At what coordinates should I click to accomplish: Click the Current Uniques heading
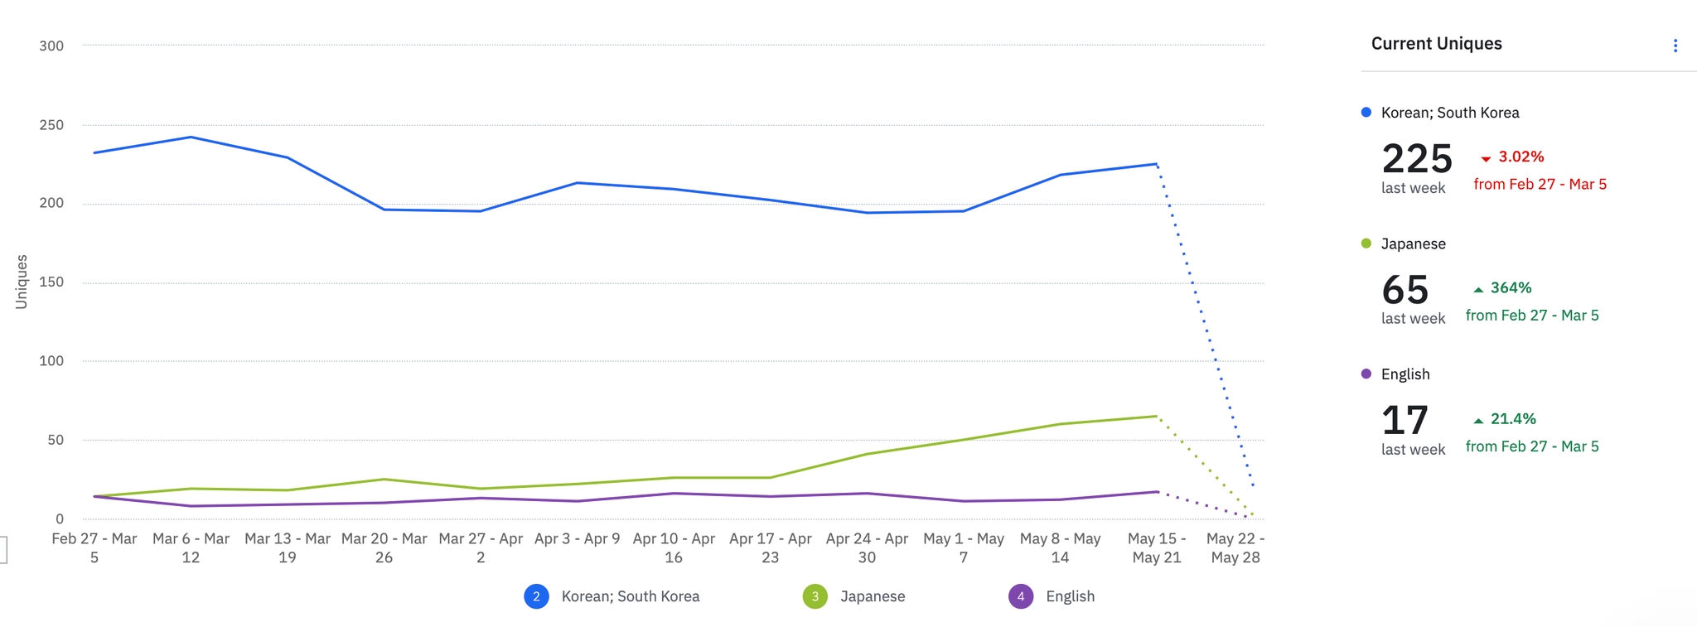click(x=1436, y=44)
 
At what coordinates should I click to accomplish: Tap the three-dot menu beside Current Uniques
click(x=1675, y=46)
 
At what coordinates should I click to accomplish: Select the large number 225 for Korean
click(x=1417, y=158)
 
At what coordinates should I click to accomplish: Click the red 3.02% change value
click(x=1521, y=157)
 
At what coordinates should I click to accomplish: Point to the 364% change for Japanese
click(x=1511, y=288)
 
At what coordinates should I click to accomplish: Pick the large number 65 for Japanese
click(x=1405, y=290)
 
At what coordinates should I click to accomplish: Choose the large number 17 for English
click(x=1405, y=421)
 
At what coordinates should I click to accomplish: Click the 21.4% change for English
click(x=1513, y=419)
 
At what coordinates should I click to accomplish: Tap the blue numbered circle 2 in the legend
click(x=536, y=596)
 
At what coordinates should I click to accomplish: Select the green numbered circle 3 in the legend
click(x=815, y=596)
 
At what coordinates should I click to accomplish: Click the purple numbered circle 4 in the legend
click(x=1021, y=596)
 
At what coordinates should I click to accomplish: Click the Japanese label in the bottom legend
click(x=873, y=596)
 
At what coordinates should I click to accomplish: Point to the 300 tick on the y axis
click(x=51, y=46)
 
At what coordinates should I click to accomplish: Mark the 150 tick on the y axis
click(x=51, y=282)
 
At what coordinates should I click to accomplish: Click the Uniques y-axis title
click(x=22, y=282)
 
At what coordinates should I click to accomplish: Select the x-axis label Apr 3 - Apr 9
click(x=577, y=539)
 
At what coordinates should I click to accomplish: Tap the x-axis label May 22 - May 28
click(x=1235, y=548)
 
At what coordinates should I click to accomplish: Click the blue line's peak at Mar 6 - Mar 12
click(x=191, y=137)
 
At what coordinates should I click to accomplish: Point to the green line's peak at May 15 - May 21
click(x=1157, y=417)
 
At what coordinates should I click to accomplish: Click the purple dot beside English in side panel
click(x=1366, y=374)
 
